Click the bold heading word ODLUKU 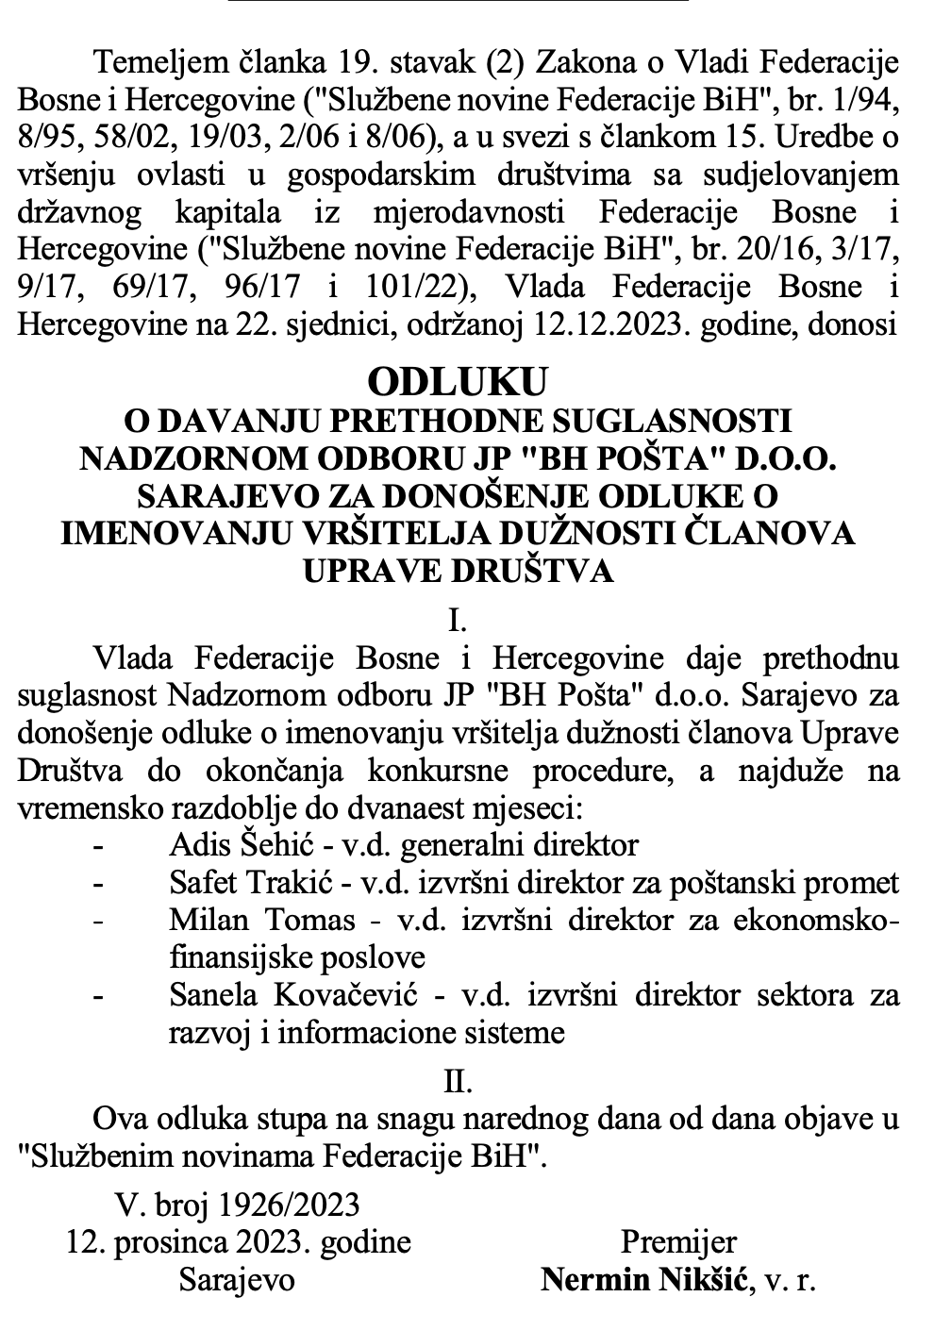point(458,382)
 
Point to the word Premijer point(679,1241)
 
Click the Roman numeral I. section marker point(458,621)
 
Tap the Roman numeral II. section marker point(458,1081)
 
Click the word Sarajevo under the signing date point(237,1279)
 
